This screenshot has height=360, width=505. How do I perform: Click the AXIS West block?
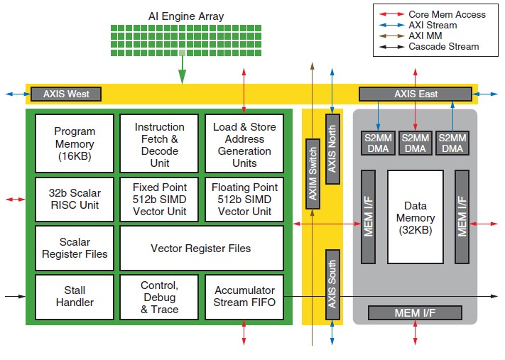click(x=66, y=94)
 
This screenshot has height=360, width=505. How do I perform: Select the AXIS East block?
click(x=416, y=94)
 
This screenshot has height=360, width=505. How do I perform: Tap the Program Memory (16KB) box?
click(x=75, y=143)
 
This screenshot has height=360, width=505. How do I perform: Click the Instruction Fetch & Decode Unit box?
click(x=159, y=143)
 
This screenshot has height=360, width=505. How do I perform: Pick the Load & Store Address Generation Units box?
click(x=244, y=143)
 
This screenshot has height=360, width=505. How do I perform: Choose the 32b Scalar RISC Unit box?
click(x=75, y=200)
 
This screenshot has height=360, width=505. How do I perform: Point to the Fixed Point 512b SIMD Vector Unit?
click(x=159, y=200)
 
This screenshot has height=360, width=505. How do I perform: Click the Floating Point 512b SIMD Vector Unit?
click(x=244, y=200)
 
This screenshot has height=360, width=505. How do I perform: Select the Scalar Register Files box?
click(x=75, y=248)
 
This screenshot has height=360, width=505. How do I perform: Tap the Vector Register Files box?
click(x=202, y=248)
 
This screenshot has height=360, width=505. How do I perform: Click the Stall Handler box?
click(x=75, y=297)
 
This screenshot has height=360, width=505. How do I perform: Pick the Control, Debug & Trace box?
click(x=159, y=297)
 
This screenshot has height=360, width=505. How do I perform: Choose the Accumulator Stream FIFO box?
click(x=244, y=297)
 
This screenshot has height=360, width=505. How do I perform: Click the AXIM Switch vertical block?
click(x=313, y=174)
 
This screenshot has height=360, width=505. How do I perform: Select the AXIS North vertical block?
click(x=332, y=149)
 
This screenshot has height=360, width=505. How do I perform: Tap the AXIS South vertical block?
click(x=332, y=284)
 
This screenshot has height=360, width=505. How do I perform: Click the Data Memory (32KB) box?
click(x=416, y=217)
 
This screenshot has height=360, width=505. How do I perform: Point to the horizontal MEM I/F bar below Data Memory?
click(x=415, y=312)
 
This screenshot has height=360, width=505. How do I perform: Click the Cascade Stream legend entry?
click(x=429, y=47)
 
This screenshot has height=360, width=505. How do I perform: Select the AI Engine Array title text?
click(x=186, y=16)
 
